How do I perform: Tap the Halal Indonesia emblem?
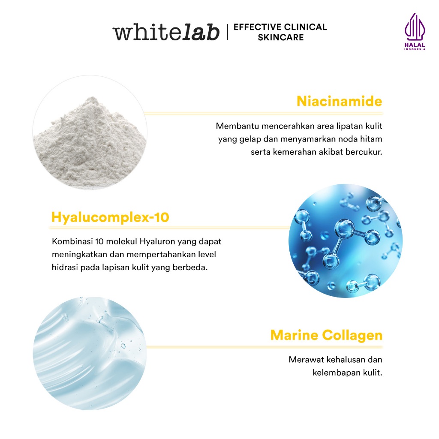(x=415, y=32)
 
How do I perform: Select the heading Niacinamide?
(x=340, y=101)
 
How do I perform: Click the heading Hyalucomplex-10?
(x=110, y=217)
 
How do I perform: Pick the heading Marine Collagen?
(x=326, y=335)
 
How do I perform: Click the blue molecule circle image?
(x=346, y=241)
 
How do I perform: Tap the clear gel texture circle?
(x=90, y=353)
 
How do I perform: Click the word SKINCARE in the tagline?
(x=281, y=38)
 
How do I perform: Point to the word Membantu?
(x=238, y=126)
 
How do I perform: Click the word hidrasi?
(x=65, y=268)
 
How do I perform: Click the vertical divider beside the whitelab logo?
(x=227, y=32)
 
